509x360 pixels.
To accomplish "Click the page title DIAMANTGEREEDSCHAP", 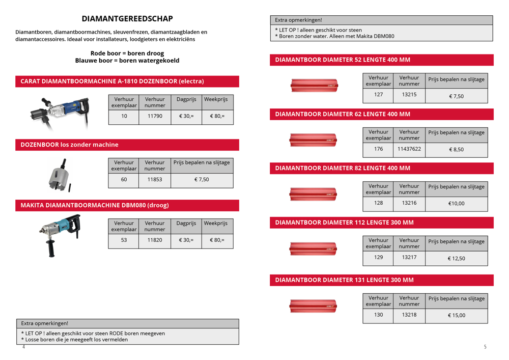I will pyautogui.click(x=127, y=19).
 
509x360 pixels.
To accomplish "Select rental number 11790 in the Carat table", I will pyautogui.click(x=155, y=116).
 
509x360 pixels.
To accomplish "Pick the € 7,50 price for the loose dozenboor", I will pyautogui.click(x=202, y=179).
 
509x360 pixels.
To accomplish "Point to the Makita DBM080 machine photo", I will pyautogui.click(x=60, y=234).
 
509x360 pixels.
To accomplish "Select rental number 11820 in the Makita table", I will pyautogui.click(x=155, y=240).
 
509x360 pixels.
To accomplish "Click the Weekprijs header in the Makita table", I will pyautogui.click(x=217, y=224).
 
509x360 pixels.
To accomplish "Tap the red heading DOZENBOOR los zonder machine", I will pyautogui.click(x=69, y=145).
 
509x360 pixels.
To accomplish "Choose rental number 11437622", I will pyautogui.click(x=409, y=149).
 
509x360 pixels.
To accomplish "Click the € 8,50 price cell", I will pyautogui.click(x=456, y=150).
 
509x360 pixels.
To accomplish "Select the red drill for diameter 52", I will pyautogui.click(x=314, y=85).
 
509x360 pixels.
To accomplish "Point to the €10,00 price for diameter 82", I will pyautogui.click(x=456, y=204).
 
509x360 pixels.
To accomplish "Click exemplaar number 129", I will pyautogui.click(x=378, y=258).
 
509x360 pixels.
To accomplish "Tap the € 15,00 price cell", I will pyautogui.click(x=456, y=315).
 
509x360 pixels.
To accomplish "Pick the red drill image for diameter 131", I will pyautogui.click(x=314, y=307).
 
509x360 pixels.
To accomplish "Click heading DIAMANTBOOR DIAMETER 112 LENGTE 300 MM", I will pyautogui.click(x=344, y=223).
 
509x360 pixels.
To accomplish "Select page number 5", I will pyautogui.click(x=485, y=347).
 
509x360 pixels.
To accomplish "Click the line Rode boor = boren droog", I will pyautogui.click(x=127, y=53).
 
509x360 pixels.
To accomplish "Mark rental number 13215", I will pyautogui.click(x=409, y=95).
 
